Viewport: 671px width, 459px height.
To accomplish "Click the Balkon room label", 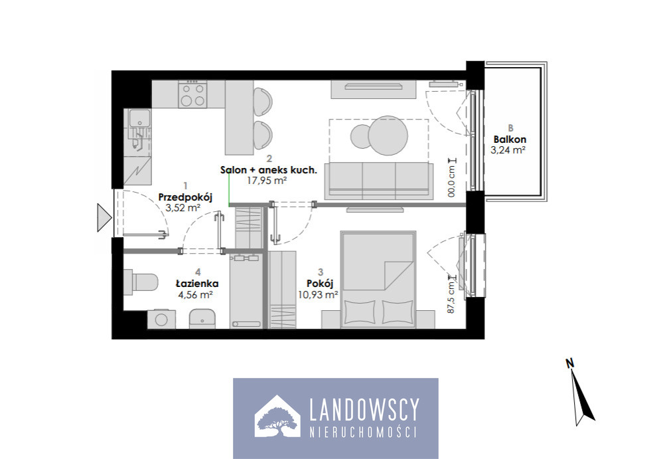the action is click(x=510, y=139).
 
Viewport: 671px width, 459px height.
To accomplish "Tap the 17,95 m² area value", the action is click(x=267, y=180).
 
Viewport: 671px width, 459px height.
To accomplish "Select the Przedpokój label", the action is click(x=185, y=197).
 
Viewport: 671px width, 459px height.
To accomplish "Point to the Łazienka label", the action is click(x=197, y=283).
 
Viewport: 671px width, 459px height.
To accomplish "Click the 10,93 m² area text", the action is click(x=319, y=294).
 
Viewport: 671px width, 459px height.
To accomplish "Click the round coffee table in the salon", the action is click(x=388, y=136).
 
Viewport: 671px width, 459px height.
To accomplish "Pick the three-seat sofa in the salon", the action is click(x=376, y=181).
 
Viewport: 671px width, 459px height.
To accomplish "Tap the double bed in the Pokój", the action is click(x=378, y=280).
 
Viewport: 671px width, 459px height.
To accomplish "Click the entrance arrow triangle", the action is click(x=104, y=217).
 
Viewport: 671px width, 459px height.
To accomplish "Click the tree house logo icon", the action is click(x=277, y=416).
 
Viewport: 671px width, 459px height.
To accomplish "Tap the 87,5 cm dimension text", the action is click(x=451, y=297).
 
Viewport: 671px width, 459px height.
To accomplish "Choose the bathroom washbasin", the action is click(x=202, y=318).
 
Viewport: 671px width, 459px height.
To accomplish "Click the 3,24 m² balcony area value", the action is click(x=508, y=150).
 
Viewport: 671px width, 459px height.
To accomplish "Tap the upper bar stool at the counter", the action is click(x=263, y=102).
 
